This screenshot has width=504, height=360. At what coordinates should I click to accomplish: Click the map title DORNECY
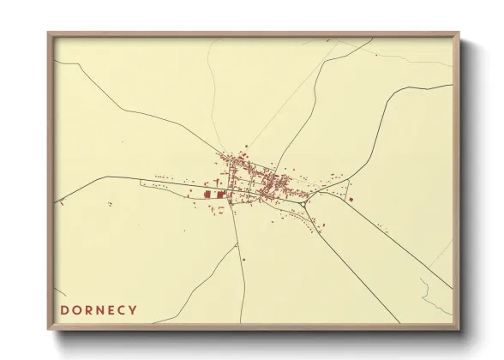point(98,309)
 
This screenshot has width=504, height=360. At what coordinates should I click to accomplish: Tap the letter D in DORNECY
point(64,309)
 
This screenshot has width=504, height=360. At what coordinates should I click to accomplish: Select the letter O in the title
point(76,309)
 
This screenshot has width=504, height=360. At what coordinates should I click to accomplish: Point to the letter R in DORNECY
point(87,309)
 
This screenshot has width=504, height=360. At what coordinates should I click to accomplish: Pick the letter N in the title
point(99,309)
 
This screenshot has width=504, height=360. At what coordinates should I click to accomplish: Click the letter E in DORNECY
point(110,309)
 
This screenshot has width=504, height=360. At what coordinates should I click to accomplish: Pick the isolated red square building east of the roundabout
point(350,200)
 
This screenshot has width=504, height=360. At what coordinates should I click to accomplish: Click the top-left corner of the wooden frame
point(49,33)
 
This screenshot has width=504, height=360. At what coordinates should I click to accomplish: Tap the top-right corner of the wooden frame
point(459,33)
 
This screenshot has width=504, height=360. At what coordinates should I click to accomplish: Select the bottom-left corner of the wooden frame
point(49,330)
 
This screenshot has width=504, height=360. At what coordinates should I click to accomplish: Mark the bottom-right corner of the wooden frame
point(459,330)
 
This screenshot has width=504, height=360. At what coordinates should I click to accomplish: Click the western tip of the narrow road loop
point(142,181)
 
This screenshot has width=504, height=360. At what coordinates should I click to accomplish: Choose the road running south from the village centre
point(243,257)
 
